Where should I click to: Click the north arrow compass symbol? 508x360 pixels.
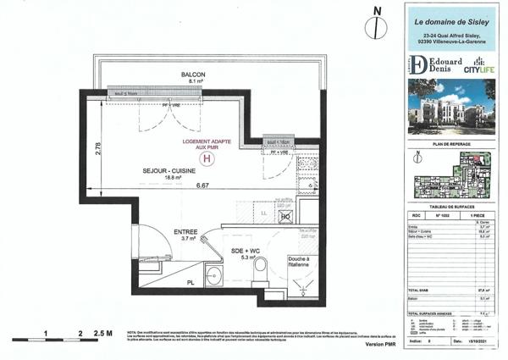pos(369,26)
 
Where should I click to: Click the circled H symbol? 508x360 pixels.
pos(204,156)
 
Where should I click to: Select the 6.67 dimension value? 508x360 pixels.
pos(203,186)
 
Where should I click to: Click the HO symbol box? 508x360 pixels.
pos(285,218)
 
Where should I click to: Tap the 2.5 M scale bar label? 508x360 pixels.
pos(105,335)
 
